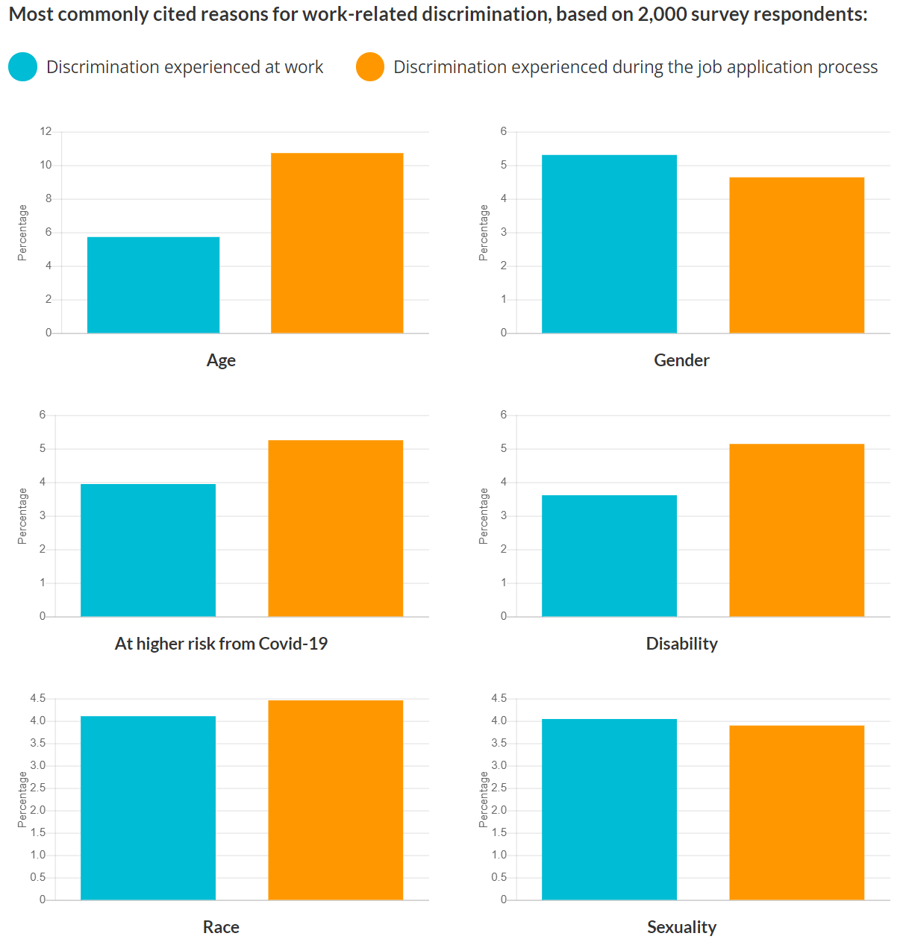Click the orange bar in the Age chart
point(337,243)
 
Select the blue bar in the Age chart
point(153,285)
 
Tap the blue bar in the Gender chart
point(609,244)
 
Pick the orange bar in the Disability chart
point(796,530)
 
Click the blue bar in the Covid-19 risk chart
point(148,550)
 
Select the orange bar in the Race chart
point(335,800)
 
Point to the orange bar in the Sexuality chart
point(796,812)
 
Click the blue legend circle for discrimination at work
point(23,67)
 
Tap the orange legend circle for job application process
point(370,67)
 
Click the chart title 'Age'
point(221,360)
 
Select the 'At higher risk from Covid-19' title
point(221,644)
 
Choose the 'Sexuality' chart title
point(681,927)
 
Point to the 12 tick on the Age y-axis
point(46,131)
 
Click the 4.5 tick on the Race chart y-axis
point(38,698)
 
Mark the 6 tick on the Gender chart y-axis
point(504,131)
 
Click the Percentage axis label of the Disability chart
point(484,516)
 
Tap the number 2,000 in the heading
point(662,14)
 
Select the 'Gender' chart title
point(681,360)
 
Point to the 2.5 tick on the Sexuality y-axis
point(499,788)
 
